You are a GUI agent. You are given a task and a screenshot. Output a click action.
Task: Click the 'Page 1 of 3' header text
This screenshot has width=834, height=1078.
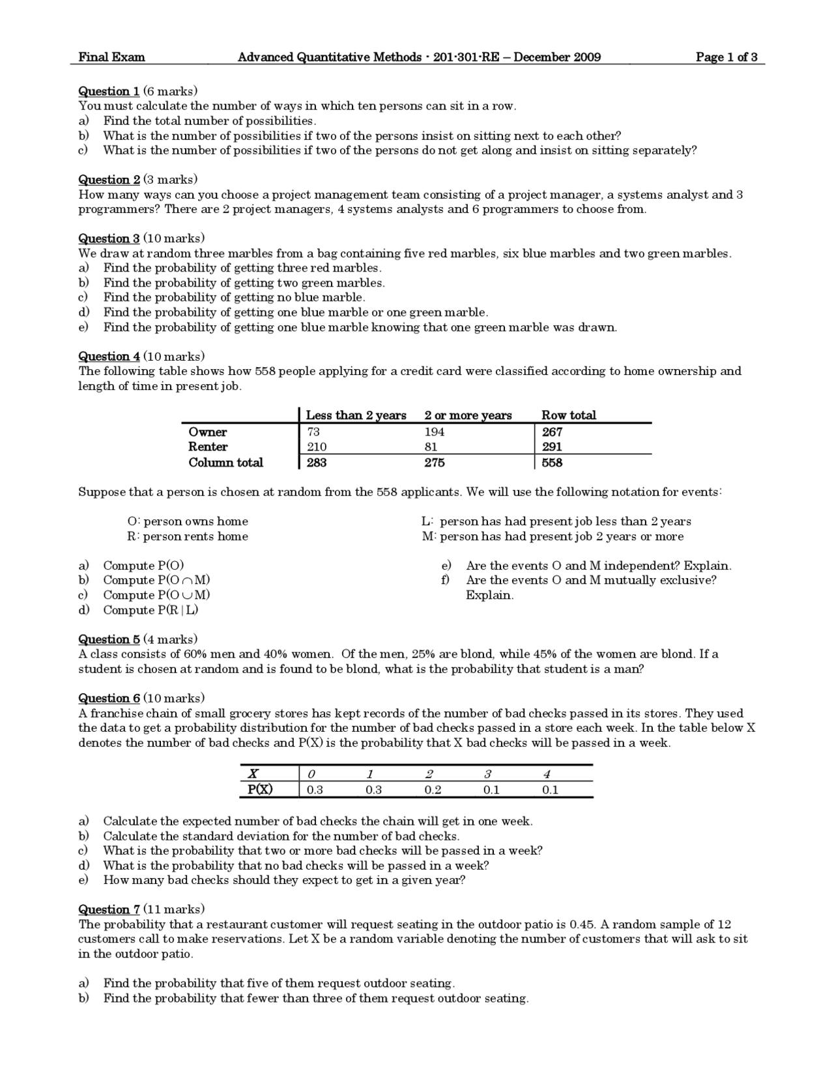pos(726,57)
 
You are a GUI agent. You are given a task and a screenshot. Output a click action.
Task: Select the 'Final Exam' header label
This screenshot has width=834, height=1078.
pos(111,57)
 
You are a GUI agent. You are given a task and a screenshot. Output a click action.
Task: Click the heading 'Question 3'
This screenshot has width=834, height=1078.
pos(109,238)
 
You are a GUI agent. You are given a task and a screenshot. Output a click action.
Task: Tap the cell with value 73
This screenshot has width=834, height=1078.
pos(313,432)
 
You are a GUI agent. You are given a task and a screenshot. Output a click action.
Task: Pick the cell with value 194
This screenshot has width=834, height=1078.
pos(434,432)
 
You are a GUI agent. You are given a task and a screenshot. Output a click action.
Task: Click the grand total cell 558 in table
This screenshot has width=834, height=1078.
pos(552,462)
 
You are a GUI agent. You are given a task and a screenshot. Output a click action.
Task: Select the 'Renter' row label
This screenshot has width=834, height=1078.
pos(208,447)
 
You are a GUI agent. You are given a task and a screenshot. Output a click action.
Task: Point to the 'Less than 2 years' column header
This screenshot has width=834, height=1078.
pos(356,415)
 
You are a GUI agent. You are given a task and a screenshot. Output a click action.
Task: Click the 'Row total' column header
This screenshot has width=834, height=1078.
pos(568,415)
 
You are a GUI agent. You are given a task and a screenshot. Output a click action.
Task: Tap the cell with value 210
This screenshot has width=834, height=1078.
pos(317,447)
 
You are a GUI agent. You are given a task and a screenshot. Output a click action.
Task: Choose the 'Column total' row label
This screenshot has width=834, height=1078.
pos(225,462)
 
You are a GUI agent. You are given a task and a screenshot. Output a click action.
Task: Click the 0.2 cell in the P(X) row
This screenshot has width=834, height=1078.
pos(433,790)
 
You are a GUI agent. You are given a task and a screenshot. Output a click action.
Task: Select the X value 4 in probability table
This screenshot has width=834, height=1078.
pos(547,774)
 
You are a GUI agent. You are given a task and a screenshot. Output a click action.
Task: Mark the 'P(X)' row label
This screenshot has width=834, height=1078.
pos(261,790)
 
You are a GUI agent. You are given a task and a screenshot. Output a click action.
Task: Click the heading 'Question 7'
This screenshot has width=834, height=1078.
pos(109,909)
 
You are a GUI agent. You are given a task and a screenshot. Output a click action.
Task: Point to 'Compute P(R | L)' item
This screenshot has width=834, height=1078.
pos(151,610)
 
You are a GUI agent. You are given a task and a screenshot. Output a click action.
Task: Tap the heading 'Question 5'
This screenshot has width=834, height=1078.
pos(109,639)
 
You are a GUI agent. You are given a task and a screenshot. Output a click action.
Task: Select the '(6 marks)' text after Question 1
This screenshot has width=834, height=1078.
pos(170,91)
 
